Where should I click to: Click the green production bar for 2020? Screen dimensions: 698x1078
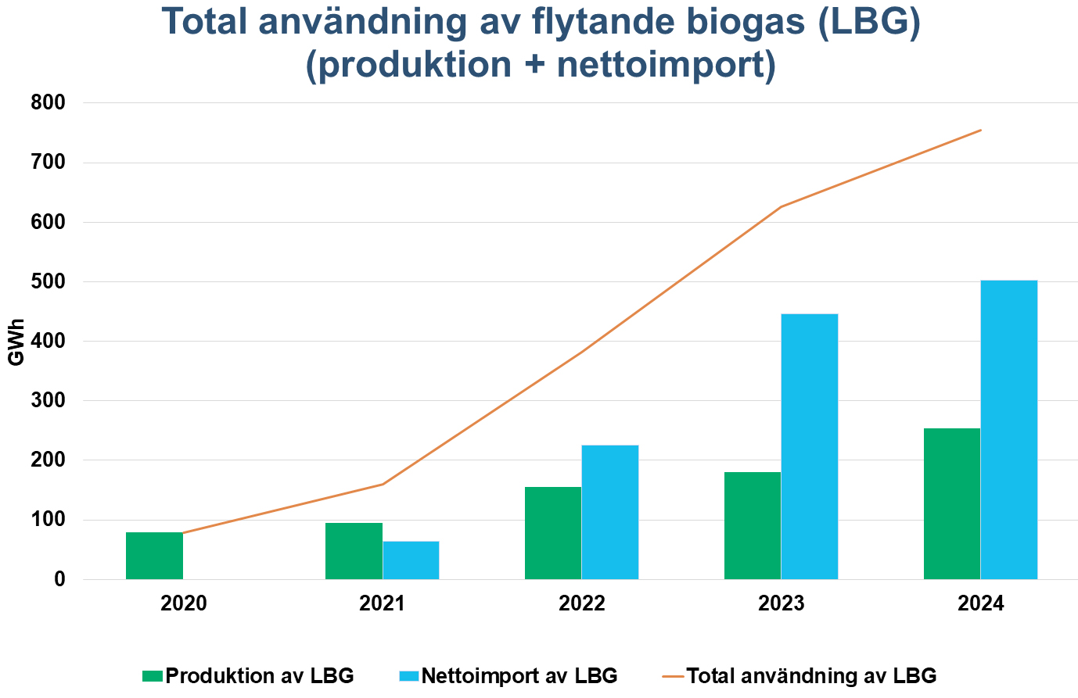154,556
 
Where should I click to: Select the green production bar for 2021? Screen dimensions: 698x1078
354,551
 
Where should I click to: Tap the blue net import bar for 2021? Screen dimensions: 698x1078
411,560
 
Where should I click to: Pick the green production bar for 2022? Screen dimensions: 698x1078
553,533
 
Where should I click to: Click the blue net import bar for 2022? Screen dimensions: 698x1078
610,512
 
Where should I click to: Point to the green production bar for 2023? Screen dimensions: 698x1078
753,525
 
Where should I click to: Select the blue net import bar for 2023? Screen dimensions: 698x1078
810,446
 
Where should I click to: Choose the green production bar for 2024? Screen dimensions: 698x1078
952,503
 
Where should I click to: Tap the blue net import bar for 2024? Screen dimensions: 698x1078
1009,430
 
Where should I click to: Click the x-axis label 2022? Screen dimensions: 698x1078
582,603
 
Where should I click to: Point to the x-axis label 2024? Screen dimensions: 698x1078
981,603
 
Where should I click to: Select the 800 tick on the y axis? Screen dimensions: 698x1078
49,103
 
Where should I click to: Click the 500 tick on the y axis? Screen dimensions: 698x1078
49,281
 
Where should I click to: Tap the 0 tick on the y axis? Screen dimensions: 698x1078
59,580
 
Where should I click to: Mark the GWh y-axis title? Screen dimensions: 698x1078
16,342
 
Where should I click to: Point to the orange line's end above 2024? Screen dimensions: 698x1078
981,130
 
